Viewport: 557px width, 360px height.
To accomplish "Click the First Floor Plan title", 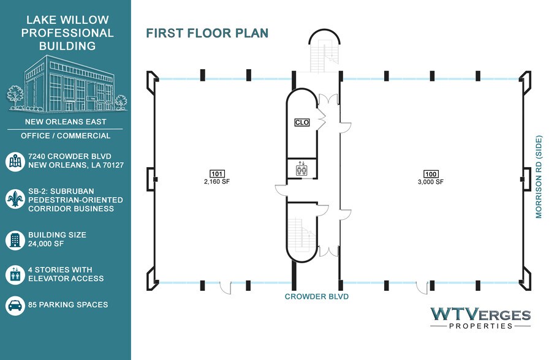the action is [x=207, y=33].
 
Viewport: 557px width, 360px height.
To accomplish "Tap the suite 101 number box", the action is [x=217, y=174].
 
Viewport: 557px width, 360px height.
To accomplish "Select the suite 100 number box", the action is [x=431, y=174].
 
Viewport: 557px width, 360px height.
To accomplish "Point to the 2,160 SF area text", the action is [x=217, y=181].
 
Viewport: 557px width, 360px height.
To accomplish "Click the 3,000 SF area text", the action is [x=431, y=182].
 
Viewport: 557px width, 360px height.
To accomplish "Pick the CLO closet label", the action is [x=302, y=122].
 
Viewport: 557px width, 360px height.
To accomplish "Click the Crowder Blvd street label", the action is [x=317, y=296].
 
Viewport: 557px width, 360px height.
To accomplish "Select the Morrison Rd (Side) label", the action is [x=539, y=176].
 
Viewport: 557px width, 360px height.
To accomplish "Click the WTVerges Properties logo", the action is [x=480, y=318].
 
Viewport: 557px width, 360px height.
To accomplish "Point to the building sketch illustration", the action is [x=67, y=84].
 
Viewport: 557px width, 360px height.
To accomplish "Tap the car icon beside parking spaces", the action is [x=15, y=306].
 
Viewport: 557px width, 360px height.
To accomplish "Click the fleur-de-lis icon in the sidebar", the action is [x=15, y=199].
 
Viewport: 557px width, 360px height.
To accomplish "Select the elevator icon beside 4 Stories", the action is [x=15, y=274].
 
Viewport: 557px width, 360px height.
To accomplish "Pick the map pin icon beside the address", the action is [x=15, y=162].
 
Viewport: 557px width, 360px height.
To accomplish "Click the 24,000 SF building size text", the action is [x=46, y=244].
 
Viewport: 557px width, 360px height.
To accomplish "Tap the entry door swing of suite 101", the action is [x=225, y=287].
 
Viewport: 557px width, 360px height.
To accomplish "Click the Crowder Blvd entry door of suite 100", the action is [x=422, y=288].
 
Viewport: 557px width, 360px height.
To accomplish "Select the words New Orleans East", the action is [x=66, y=122].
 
